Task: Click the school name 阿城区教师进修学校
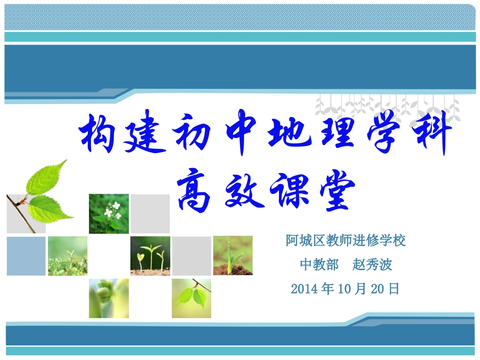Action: pyautogui.click(x=346, y=240)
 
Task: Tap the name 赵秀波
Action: pyautogui.click(x=372, y=265)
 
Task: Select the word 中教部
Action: pyautogui.click(x=319, y=265)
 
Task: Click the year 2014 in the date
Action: pyautogui.click(x=303, y=289)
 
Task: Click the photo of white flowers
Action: pyautogui.click(x=109, y=214)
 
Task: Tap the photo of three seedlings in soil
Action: pyautogui.click(x=150, y=255)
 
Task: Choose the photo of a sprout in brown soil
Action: pyautogui.click(x=232, y=255)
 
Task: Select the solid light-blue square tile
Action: pyautogui.click(x=26, y=255)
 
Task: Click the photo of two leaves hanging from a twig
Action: pyautogui.click(x=191, y=298)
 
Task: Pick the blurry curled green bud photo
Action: pyautogui.click(x=109, y=298)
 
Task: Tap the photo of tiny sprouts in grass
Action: pyautogui.click(x=67, y=255)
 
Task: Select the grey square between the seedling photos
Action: pyautogui.click(x=191, y=255)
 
